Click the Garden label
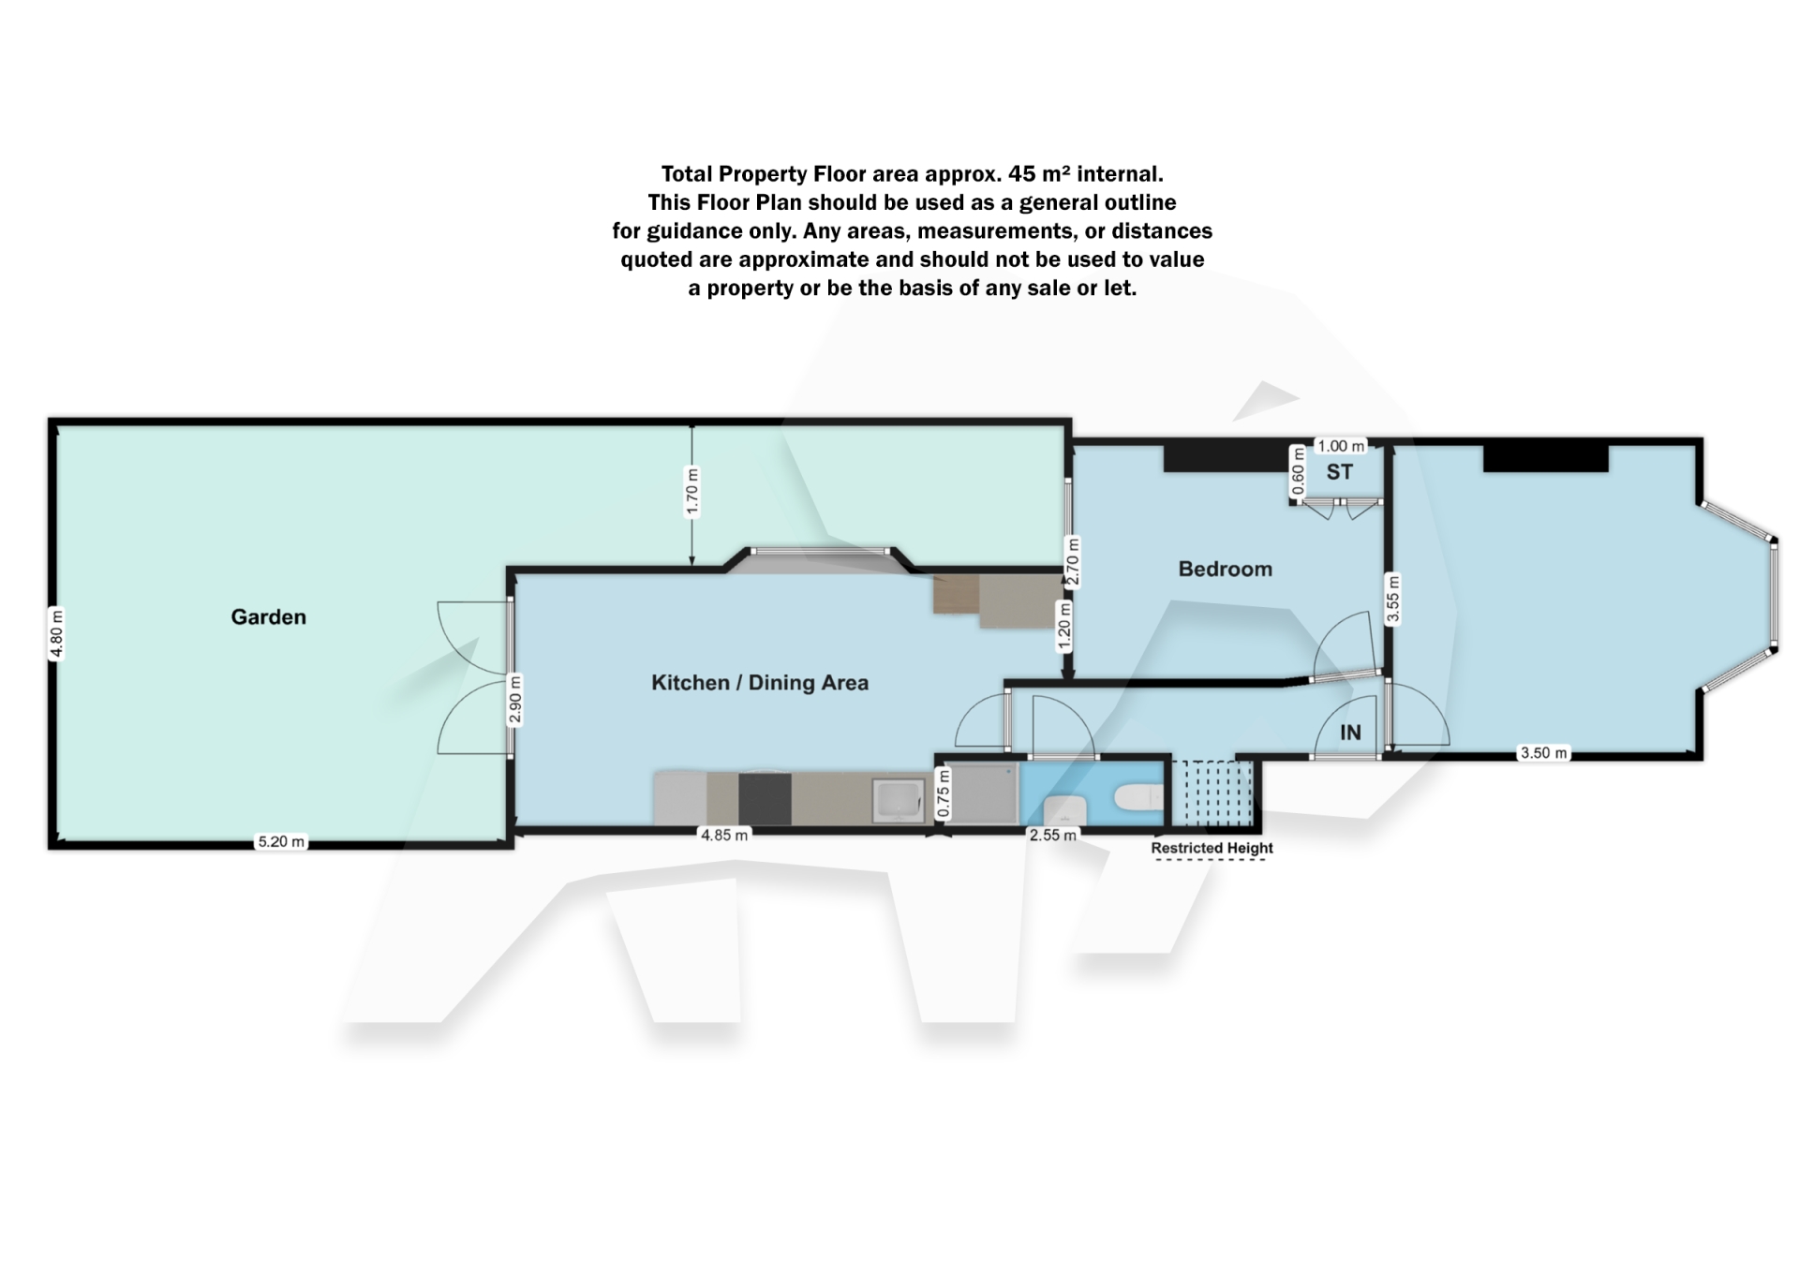[268, 616]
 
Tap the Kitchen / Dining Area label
[759, 683]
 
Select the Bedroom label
[1225, 569]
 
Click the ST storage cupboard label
[1339, 472]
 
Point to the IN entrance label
[1349, 733]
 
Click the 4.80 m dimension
[57, 634]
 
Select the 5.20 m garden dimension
[281, 841]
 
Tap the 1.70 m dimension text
[692, 492]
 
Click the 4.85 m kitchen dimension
[724, 835]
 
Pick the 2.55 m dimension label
[1052, 835]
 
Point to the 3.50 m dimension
[1542, 752]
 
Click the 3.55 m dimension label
[1392, 599]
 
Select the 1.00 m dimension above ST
[1341, 446]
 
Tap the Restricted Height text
[1212, 848]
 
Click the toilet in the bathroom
[1139, 797]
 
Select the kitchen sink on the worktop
[898, 800]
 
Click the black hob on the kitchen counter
[765, 798]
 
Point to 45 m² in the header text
[1037, 174]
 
